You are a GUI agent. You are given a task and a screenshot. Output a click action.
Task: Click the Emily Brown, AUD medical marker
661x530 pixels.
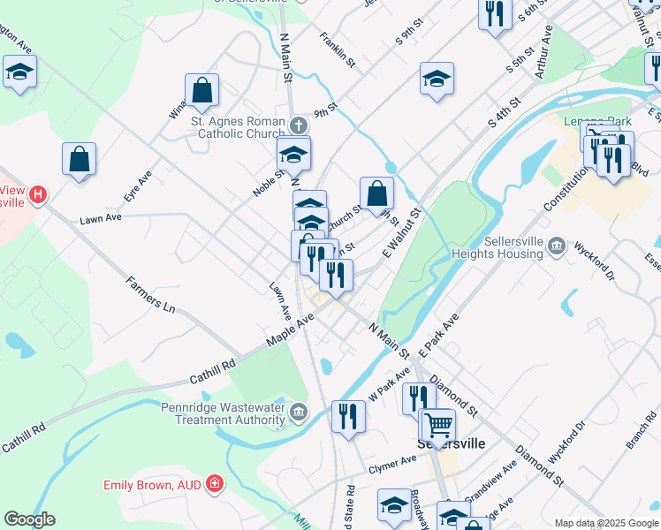[x=214, y=484]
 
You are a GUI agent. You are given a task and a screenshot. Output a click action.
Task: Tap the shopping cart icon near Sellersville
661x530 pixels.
[x=437, y=425]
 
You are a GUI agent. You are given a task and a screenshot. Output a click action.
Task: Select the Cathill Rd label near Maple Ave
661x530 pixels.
[x=212, y=371]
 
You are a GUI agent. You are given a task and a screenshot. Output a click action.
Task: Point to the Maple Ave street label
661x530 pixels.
[x=291, y=332]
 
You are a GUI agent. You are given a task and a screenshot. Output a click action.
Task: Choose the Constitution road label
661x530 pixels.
[x=566, y=185]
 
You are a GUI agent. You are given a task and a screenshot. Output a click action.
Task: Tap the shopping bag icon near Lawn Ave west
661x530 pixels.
[x=80, y=160]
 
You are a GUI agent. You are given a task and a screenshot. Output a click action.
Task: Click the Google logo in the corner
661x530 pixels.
[x=29, y=519]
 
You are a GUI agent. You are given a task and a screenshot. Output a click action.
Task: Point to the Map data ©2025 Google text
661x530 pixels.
[x=605, y=523]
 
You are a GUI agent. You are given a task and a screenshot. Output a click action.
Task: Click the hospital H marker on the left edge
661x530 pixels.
[x=37, y=193]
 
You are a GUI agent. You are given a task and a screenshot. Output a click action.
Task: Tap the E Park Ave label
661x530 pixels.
[x=439, y=335]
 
